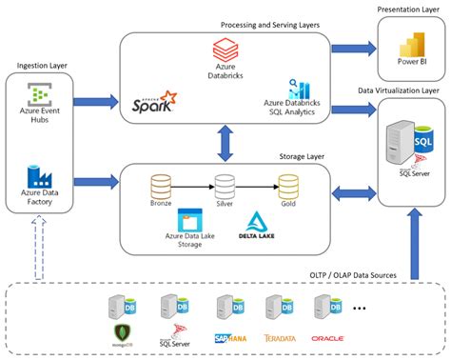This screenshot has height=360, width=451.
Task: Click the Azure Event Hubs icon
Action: click(x=40, y=94)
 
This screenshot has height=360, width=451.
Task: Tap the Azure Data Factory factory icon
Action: click(x=40, y=176)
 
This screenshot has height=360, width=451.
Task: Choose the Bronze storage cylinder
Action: click(x=161, y=185)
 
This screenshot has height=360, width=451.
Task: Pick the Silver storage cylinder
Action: click(x=225, y=185)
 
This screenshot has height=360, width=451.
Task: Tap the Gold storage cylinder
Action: click(x=288, y=185)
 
